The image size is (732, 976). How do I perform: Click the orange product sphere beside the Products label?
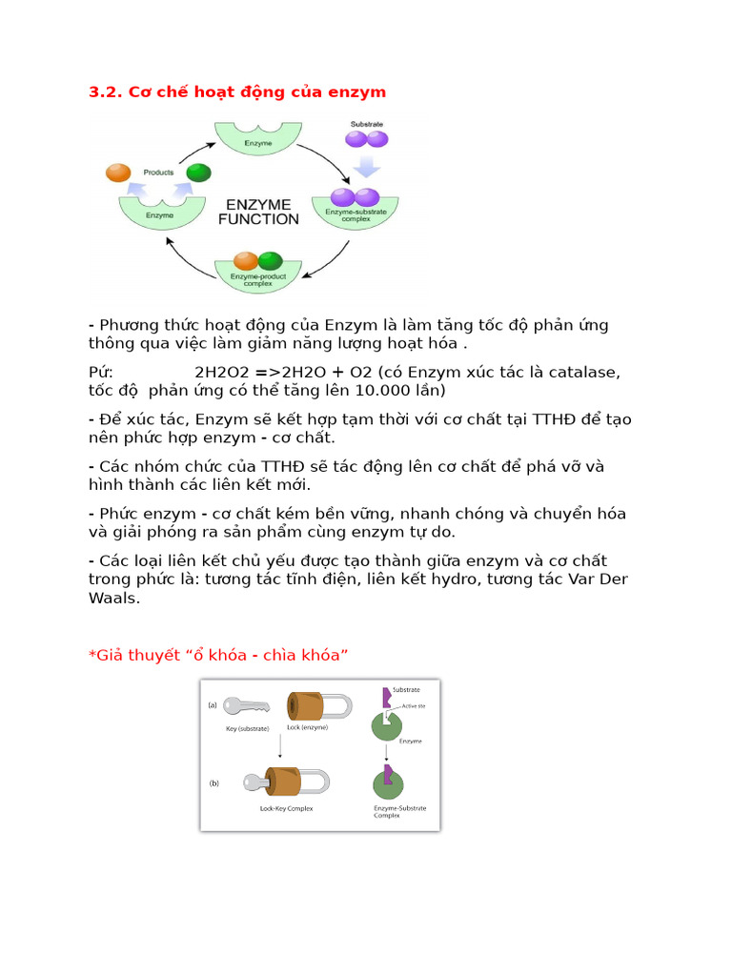118,173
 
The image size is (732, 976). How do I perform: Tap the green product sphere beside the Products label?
198,173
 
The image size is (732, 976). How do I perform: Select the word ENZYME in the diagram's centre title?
258,203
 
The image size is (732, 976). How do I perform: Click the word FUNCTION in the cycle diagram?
258,219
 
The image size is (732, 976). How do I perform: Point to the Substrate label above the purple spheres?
367,125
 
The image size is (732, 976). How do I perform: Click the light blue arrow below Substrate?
367,166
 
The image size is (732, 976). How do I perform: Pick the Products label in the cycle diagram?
158,173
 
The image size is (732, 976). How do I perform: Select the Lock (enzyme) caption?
307,727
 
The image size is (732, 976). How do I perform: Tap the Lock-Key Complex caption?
286,808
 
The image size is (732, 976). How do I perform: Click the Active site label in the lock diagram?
412,706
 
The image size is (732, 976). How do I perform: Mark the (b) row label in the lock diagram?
213,783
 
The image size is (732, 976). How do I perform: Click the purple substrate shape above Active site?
386,698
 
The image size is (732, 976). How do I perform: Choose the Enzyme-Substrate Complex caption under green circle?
399,812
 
